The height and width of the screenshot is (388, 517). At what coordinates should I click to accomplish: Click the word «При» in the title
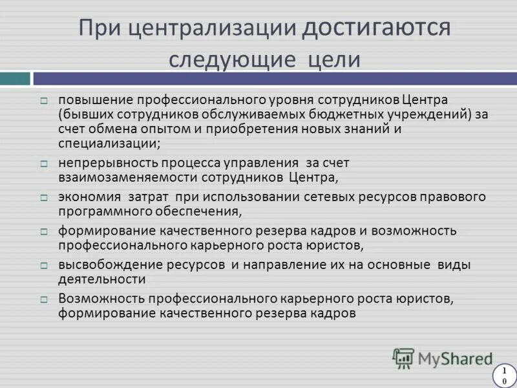click(100, 28)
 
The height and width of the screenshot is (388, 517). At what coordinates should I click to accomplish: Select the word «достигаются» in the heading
click(374, 28)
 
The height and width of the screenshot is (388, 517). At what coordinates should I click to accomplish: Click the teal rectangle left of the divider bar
click(15, 78)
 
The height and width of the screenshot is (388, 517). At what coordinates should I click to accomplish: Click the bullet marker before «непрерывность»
click(44, 164)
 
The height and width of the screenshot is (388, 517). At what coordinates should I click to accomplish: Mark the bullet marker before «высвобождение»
click(44, 266)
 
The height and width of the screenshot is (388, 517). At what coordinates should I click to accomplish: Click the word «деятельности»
click(101, 279)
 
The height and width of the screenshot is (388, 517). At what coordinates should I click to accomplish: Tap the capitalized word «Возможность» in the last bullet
click(101, 299)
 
